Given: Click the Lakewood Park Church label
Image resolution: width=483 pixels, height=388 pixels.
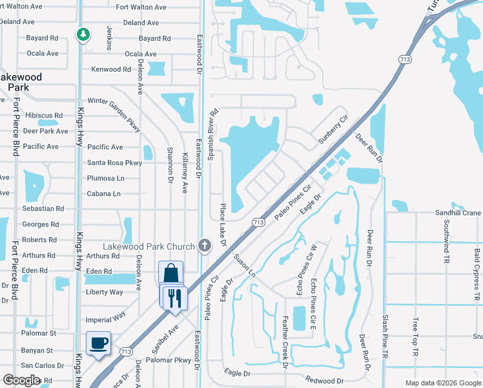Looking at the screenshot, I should tap(149, 246).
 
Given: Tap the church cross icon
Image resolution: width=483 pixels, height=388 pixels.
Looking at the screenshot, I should tap(204, 246).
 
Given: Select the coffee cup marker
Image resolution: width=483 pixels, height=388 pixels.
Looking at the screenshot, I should tap(99, 343).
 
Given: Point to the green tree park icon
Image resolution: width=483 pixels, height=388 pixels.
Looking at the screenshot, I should tap(83, 34).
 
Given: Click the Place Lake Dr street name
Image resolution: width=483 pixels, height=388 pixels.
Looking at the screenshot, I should tap(223, 224).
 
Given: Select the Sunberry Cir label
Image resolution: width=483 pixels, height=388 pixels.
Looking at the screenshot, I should tap(333, 130).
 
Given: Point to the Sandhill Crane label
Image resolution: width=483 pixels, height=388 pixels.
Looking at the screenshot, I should tap(458, 213).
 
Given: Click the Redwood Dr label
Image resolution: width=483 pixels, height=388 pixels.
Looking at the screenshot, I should tap(325, 381).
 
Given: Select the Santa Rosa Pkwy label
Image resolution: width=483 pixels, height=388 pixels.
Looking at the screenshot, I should tap(114, 163).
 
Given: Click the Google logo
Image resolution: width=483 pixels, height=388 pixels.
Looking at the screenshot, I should tap(22, 380).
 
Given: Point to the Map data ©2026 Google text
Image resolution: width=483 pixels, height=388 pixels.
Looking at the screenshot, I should tap(442, 383).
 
